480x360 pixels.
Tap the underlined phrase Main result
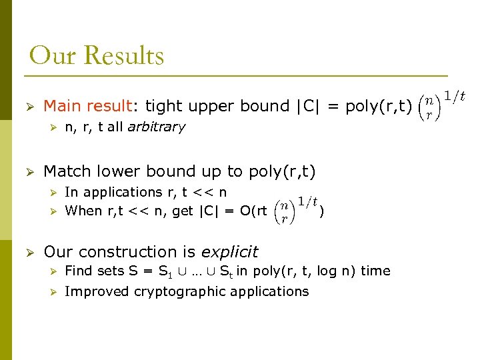(87, 106)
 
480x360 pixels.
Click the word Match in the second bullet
(65, 171)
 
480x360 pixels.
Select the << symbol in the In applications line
(200, 192)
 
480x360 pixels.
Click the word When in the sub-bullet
(83, 211)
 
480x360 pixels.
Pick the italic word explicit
(229, 252)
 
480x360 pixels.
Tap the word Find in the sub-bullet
(78, 271)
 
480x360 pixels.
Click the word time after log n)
(375, 271)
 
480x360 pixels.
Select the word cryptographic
(185, 291)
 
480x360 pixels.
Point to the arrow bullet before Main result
(29, 107)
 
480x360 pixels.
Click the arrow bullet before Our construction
(29, 253)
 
